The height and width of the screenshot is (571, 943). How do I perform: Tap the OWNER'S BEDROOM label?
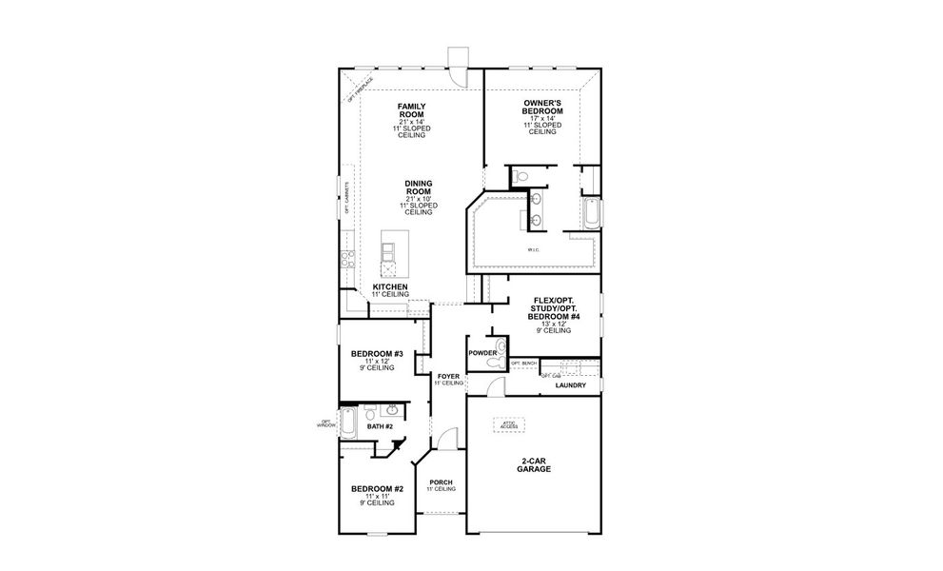click(542, 106)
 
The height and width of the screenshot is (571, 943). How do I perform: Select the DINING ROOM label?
click(419, 187)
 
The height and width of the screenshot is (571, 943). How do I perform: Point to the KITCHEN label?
click(390, 286)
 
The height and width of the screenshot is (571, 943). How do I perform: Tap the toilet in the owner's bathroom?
click(520, 177)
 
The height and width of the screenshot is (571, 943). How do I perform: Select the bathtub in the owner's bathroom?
click(591, 213)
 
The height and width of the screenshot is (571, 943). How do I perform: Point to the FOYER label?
click(448, 377)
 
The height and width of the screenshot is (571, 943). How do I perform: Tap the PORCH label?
click(442, 482)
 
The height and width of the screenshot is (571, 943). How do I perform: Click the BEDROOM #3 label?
click(377, 354)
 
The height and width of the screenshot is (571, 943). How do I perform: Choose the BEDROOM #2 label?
click(377, 489)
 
